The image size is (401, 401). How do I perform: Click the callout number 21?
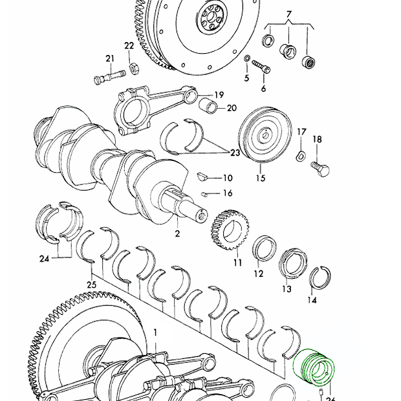(x=110, y=59)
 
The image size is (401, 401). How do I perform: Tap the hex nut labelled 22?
(x=133, y=69)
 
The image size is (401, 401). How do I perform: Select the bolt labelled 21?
(x=110, y=76)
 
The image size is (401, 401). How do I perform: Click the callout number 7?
(x=288, y=14)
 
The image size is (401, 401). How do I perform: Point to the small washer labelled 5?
(x=247, y=58)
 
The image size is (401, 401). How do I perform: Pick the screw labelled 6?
(x=261, y=66)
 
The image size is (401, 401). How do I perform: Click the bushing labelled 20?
(x=208, y=105)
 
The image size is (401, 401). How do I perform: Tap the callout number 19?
(x=219, y=95)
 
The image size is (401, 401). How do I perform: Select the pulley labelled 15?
(x=265, y=135)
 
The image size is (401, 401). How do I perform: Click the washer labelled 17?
(x=301, y=156)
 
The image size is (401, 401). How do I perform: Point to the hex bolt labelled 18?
(x=320, y=169)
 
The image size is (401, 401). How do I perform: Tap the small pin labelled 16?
(x=204, y=195)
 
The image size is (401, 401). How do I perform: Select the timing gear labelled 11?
(x=230, y=230)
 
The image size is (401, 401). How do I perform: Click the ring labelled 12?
(x=265, y=248)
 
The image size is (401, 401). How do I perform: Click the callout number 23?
(x=235, y=153)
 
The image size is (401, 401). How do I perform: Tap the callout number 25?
(x=91, y=285)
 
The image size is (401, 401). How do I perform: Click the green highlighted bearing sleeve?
(x=313, y=367)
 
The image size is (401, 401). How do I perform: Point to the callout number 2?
(x=177, y=233)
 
